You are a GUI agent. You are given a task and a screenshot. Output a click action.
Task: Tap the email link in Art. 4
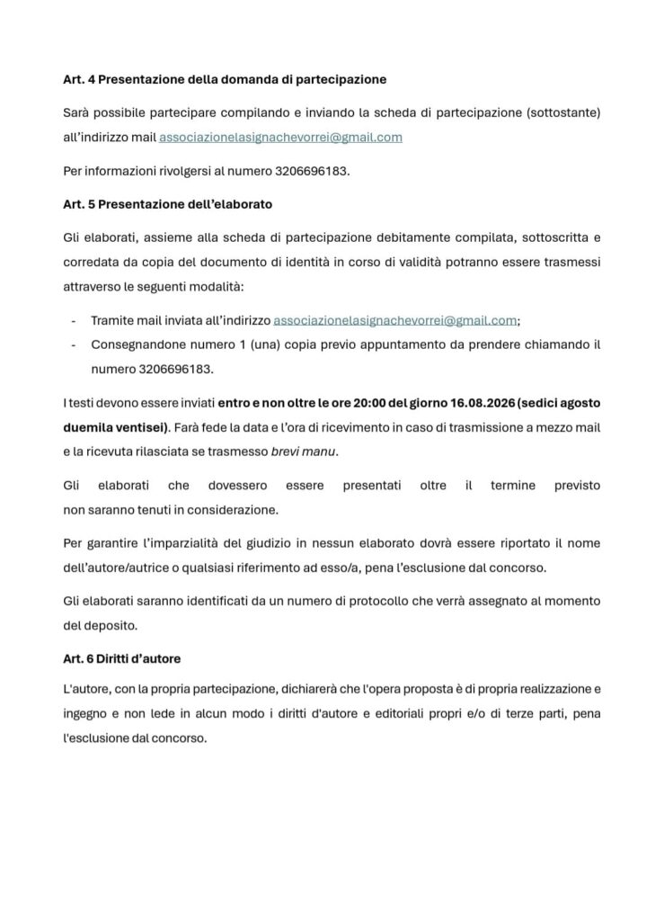pyautogui.click(x=280, y=138)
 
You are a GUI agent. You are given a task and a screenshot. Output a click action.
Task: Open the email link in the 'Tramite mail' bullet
pyautogui.click(x=394, y=320)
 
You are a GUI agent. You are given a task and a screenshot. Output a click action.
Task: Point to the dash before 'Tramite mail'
pyautogui.click(x=73, y=320)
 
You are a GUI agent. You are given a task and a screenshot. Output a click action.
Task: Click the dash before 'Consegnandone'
pyautogui.click(x=73, y=344)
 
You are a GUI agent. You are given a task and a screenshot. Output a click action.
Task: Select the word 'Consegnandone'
pyautogui.click(x=134, y=344)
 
